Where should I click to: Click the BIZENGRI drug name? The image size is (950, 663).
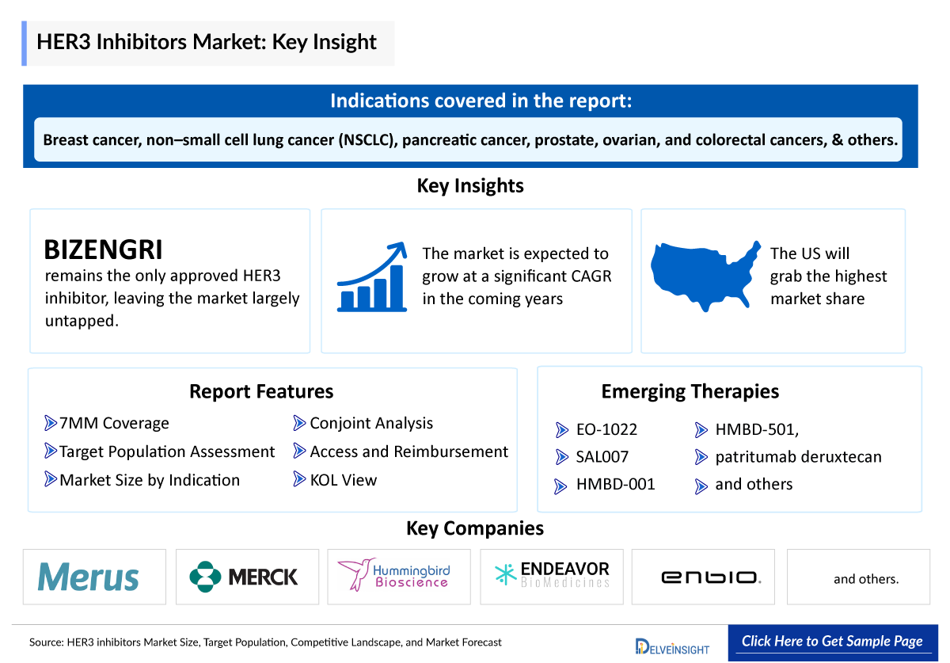click(104, 250)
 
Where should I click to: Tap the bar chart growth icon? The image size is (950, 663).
click(372, 277)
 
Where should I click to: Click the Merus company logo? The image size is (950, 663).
click(88, 577)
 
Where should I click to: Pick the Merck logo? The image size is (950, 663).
click(245, 577)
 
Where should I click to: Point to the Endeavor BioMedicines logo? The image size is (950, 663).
click(552, 575)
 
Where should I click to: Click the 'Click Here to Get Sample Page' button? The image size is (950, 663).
click(832, 642)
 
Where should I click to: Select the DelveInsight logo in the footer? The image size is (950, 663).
click(672, 646)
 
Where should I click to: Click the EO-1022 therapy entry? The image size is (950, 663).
click(607, 430)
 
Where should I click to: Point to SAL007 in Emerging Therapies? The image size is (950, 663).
click(602, 457)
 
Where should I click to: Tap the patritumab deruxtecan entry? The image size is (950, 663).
click(798, 457)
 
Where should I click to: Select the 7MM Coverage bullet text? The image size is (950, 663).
click(114, 424)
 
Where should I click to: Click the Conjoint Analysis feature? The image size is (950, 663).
click(371, 424)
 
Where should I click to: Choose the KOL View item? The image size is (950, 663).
click(344, 480)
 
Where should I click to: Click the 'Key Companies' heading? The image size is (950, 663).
click(475, 528)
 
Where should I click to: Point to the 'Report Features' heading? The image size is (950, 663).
click(261, 391)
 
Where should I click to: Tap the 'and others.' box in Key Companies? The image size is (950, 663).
click(866, 579)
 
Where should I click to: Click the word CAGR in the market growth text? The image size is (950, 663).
click(587, 276)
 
